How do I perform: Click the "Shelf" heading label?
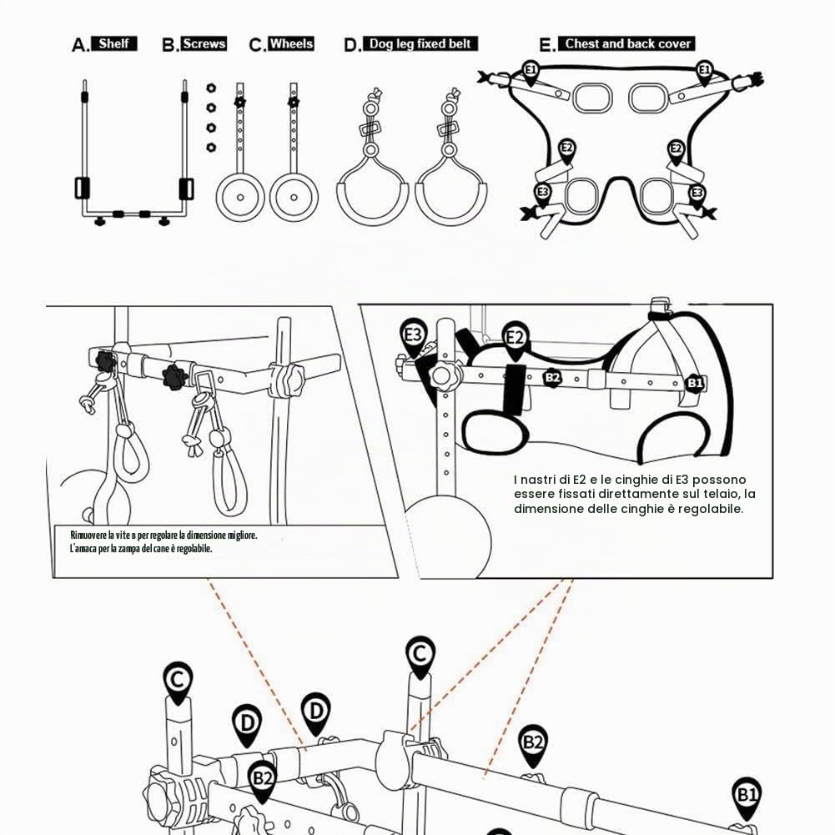pyautogui.click(x=114, y=43)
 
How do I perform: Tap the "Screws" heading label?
pyautogui.click(x=204, y=43)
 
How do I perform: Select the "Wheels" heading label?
pyautogui.click(x=291, y=43)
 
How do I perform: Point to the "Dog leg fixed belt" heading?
pyautogui.click(x=420, y=43)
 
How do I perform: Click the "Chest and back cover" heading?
pyautogui.click(x=626, y=43)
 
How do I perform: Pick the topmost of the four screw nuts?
pyautogui.click(x=211, y=88)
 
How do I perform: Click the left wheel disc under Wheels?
pyautogui.click(x=240, y=198)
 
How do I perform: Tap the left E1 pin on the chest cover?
pyautogui.click(x=531, y=73)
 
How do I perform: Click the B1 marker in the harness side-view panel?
pyautogui.click(x=694, y=383)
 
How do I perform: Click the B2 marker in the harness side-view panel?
pyautogui.click(x=553, y=378)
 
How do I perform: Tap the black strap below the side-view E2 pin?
pyautogui.click(x=515, y=390)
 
